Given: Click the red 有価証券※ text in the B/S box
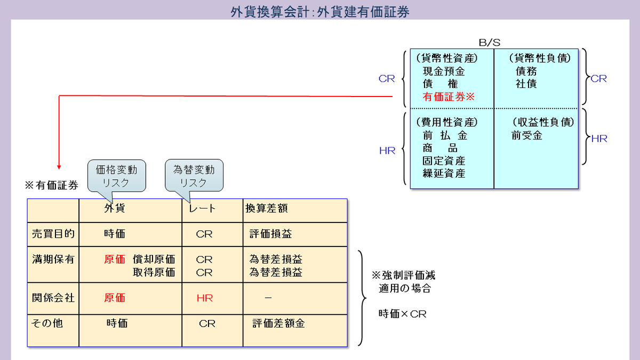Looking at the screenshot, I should [x=448, y=97].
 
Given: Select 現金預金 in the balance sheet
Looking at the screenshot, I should [x=444, y=71].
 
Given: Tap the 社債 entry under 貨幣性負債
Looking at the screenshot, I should [x=526, y=84].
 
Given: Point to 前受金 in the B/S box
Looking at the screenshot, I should [x=526, y=135].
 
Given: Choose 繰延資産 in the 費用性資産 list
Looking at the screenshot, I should [x=444, y=173].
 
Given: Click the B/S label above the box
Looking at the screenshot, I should [x=489, y=42].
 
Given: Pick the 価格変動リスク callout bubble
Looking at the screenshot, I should [x=116, y=175].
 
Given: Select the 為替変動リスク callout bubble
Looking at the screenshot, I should [x=194, y=175].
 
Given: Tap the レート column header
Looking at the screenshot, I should [x=203, y=208].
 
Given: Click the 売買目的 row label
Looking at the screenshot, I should [x=53, y=234].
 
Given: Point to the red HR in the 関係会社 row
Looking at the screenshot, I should [x=204, y=298].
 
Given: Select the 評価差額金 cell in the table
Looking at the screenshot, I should [x=278, y=323].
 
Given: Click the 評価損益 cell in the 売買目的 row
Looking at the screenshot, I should [x=270, y=234].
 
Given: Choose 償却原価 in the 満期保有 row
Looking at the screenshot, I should [x=154, y=260].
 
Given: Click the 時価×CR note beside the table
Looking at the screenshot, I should [x=402, y=314].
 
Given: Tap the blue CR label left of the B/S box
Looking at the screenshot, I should [x=387, y=79].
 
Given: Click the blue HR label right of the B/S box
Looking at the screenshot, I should [x=599, y=139].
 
